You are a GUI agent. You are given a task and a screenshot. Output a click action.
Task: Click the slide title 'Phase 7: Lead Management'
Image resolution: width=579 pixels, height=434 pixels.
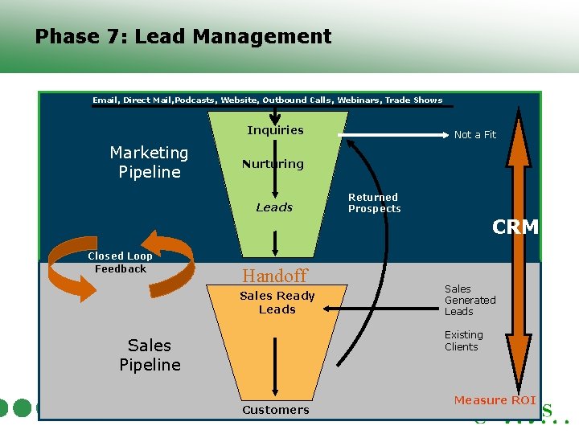tap(183, 37)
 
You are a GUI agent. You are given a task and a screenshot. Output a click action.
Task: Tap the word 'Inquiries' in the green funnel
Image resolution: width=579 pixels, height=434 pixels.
tap(275, 130)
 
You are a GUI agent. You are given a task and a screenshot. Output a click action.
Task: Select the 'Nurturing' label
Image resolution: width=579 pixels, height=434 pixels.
tap(273, 164)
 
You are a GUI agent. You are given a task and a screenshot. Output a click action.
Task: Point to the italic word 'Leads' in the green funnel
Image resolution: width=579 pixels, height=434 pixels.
tap(274, 207)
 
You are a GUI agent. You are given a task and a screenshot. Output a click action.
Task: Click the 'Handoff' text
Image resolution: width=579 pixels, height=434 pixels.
tap(275, 276)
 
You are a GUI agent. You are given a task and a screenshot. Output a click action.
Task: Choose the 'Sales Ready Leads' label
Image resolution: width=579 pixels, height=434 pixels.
tap(277, 302)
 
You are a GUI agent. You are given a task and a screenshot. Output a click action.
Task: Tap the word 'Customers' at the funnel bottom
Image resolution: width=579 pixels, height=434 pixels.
tap(276, 410)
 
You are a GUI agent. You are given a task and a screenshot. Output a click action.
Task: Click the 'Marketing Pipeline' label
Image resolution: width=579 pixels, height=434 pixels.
tap(149, 162)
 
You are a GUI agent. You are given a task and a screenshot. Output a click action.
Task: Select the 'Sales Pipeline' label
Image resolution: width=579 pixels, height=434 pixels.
tap(150, 354)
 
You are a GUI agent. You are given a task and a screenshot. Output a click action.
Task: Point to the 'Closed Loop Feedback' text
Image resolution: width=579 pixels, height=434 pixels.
tap(120, 263)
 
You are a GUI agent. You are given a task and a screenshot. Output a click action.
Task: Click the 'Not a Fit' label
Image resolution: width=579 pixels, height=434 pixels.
tap(475, 135)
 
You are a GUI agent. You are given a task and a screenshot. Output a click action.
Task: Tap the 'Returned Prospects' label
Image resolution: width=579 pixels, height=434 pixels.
tap(374, 203)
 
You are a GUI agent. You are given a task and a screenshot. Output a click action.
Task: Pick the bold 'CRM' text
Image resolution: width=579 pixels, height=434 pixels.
tap(515, 227)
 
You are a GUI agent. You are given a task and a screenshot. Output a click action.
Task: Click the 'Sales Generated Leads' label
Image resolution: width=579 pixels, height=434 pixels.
tap(470, 300)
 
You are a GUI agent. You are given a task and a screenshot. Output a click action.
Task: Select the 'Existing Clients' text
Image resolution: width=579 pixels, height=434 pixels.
tap(464, 341)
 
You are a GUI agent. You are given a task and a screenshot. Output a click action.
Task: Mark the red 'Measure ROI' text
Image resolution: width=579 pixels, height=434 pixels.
tap(495, 400)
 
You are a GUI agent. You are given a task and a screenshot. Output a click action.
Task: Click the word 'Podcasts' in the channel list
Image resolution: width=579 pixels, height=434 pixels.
tap(194, 100)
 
